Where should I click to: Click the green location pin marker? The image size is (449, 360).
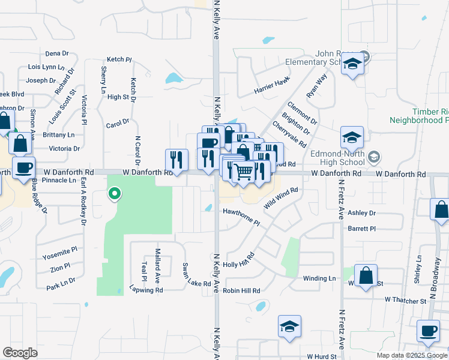click(114, 194)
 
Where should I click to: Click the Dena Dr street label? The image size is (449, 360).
click(57, 53)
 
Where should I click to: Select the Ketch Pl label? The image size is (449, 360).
click(119, 59)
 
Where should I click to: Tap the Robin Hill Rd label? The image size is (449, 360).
click(241, 290)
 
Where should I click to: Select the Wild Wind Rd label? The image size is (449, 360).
click(281, 196)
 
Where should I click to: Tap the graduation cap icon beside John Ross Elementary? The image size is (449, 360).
click(352, 64)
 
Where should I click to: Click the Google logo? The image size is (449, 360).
click(20, 352)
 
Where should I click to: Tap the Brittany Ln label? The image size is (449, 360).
click(59, 135)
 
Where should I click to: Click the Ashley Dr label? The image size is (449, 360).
click(361, 213)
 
